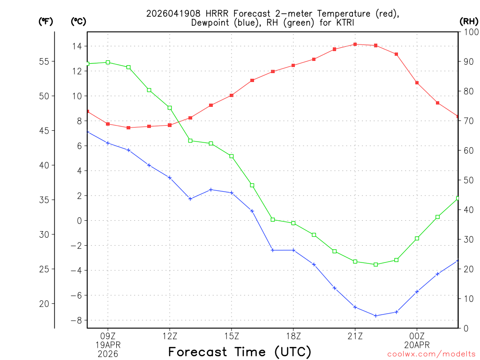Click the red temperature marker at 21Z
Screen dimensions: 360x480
pyautogui.click(x=355, y=44)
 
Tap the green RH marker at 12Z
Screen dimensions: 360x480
pyautogui.click(x=170, y=108)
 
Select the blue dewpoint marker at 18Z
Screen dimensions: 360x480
pyautogui.click(x=293, y=250)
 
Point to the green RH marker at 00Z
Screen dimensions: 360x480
pyautogui.click(x=417, y=239)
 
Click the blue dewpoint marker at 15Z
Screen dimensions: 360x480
pyautogui.click(x=232, y=193)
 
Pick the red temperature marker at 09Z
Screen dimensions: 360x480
pyautogui.click(x=108, y=124)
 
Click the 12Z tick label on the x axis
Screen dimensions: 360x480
pyautogui.click(x=170, y=336)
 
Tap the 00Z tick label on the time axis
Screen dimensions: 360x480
pyautogui.click(x=417, y=336)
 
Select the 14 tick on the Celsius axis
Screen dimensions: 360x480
pyautogui.click(x=76, y=46)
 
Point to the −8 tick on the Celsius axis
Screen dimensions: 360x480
pyautogui.click(x=76, y=320)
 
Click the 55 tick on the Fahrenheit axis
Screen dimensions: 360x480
pyautogui.click(x=44, y=61)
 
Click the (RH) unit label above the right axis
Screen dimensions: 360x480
pyautogui.click(x=468, y=21)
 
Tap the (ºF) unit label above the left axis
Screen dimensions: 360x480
pyautogui.click(x=45, y=21)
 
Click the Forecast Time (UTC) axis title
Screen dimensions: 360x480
pyautogui.click(x=240, y=352)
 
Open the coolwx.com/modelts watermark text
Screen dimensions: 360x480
pyautogui.click(x=431, y=354)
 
